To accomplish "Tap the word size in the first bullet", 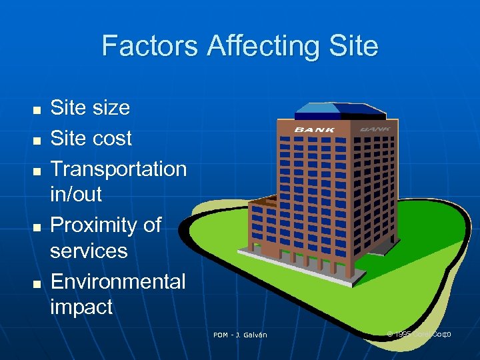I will point(110,107).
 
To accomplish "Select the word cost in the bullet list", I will point(112,138).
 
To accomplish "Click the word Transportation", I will point(119,169).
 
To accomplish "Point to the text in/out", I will point(76,194).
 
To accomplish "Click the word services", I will point(89,251).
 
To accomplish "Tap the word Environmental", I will point(118,281).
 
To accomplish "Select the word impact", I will point(81,307).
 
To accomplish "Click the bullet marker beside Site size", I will point(37,109).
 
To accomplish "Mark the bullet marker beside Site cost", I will point(37,139).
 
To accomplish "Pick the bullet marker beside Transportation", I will point(37,170).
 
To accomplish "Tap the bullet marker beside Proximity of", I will point(37,227).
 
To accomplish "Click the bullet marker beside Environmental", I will point(37,283).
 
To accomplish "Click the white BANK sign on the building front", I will point(315,129).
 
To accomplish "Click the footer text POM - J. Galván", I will point(240,335).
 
